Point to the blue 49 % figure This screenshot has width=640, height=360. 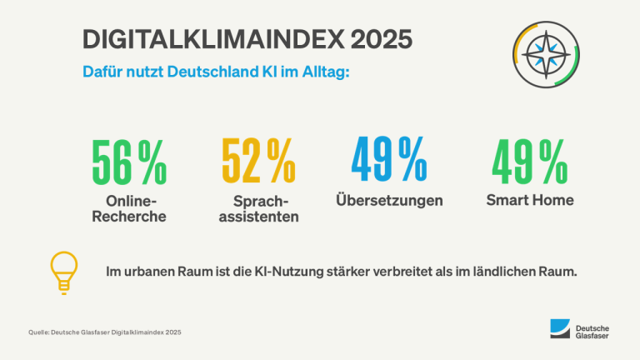388,161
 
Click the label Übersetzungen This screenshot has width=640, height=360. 388,201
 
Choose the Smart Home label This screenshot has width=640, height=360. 530,200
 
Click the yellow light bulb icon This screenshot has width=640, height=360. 64,272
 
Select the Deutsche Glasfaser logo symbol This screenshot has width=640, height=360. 558,330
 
